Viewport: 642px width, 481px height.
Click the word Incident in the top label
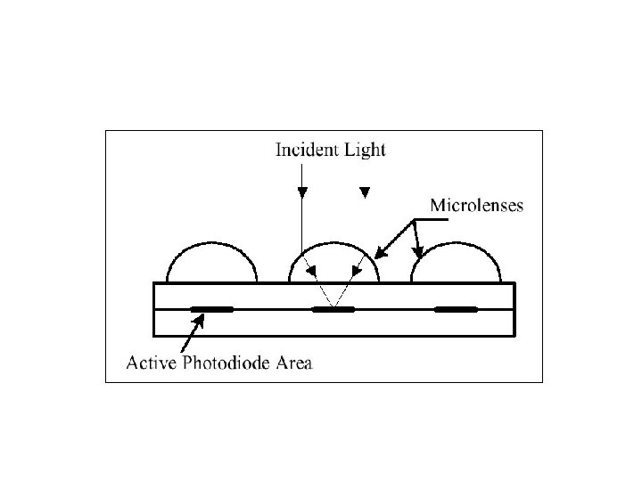(x=305, y=150)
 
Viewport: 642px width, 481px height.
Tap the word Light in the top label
(x=365, y=150)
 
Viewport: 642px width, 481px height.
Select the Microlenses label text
(x=477, y=205)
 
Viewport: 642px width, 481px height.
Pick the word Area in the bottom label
(x=295, y=363)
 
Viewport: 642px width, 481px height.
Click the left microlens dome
(x=212, y=264)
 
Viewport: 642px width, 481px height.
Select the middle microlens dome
(x=334, y=265)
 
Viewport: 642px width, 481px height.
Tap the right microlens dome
(x=456, y=264)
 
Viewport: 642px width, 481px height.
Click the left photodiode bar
(x=212, y=310)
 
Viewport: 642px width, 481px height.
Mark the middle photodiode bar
(x=333, y=310)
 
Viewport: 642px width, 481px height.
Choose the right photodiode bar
(x=456, y=310)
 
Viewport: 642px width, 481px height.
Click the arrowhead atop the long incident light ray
(x=302, y=192)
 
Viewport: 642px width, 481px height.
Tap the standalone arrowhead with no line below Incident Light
(x=364, y=192)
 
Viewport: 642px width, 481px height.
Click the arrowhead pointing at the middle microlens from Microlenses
(x=380, y=254)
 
